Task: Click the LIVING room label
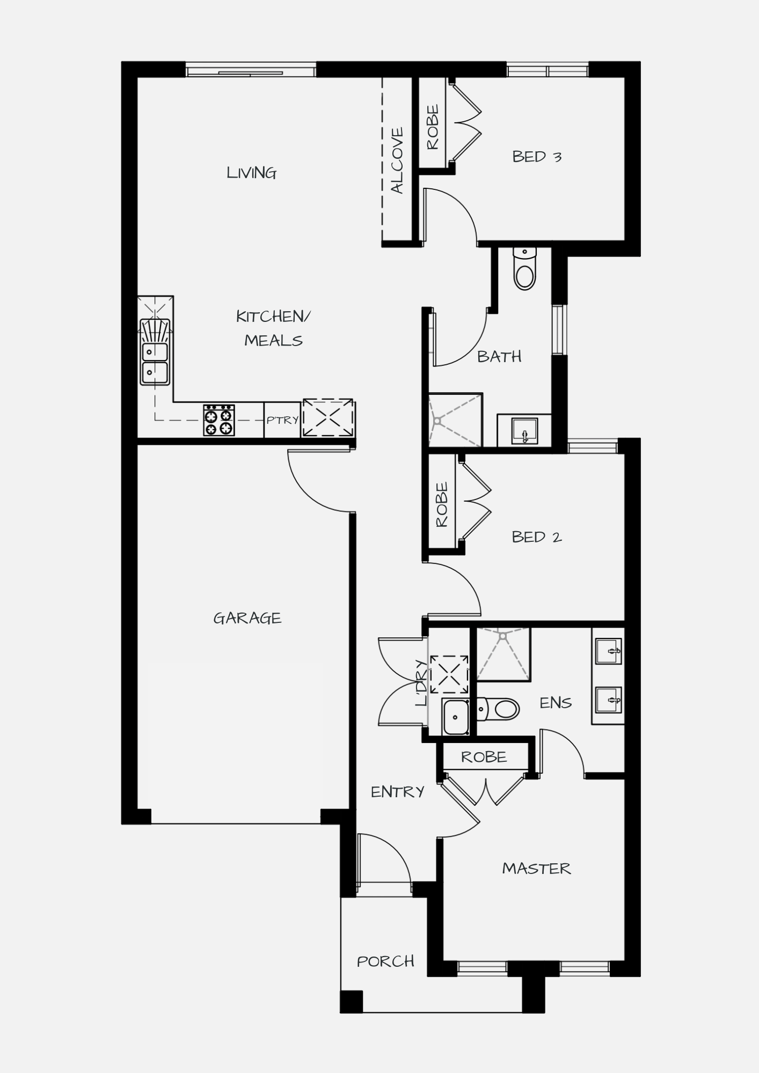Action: pyautogui.click(x=251, y=173)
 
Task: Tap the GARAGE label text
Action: pyautogui.click(x=247, y=618)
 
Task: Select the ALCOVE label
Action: pyautogui.click(x=397, y=160)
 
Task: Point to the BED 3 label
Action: pyautogui.click(x=537, y=157)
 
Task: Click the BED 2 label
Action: pyautogui.click(x=537, y=537)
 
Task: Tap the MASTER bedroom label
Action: pyautogui.click(x=536, y=869)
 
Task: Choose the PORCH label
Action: pyautogui.click(x=385, y=961)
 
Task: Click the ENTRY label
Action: pyautogui.click(x=398, y=792)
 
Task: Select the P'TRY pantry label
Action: pyautogui.click(x=282, y=420)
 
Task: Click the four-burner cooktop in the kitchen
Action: pyautogui.click(x=219, y=420)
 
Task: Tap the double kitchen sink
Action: pyautogui.click(x=155, y=352)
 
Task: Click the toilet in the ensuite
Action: pyautogui.click(x=498, y=709)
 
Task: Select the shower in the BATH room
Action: pyautogui.click(x=455, y=420)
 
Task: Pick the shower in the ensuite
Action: pyautogui.click(x=503, y=655)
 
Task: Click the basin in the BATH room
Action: pyautogui.click(x=524, y=431)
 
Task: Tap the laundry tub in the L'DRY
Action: pyautogui.click(x=456, y=717)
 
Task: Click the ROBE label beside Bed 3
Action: pyautogui.click(x=433, y=127)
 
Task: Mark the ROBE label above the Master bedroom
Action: pyautogui.click(x=484, y=757)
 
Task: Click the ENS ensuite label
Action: pyautogui.click(x=556, y=703)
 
